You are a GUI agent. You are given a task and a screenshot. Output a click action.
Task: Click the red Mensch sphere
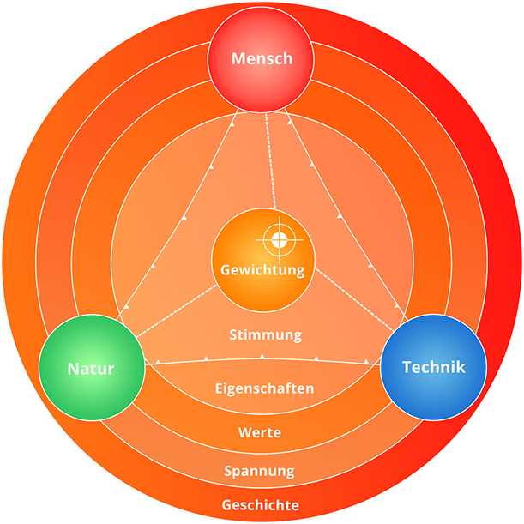tap(262, 59)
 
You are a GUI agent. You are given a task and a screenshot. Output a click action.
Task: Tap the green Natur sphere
tap(90, 370)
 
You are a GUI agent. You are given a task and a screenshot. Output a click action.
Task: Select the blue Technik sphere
tap(433, 367)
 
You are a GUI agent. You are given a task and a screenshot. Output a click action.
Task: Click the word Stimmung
tap(266, 334)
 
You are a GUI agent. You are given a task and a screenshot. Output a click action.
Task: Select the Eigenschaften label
tap(264, 388)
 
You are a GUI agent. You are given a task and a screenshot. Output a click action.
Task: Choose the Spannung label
tap(259, 471)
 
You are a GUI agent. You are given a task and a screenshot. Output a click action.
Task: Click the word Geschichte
tap(260, 505)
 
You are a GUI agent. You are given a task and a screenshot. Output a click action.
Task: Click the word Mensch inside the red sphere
tap(262, 59)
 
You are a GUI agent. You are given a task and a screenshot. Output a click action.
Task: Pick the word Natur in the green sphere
tap(90, 370)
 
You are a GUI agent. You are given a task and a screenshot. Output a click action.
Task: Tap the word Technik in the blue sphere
tap(433, 367)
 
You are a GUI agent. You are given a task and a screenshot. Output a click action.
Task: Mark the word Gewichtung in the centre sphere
tap(263, 270)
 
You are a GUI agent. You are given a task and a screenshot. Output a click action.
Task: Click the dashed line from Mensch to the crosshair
tap(271, 163)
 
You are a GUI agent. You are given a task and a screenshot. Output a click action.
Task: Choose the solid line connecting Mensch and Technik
tap(343, 214)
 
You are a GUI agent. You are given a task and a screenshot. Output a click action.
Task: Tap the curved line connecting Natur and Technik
tap(262, 358)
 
